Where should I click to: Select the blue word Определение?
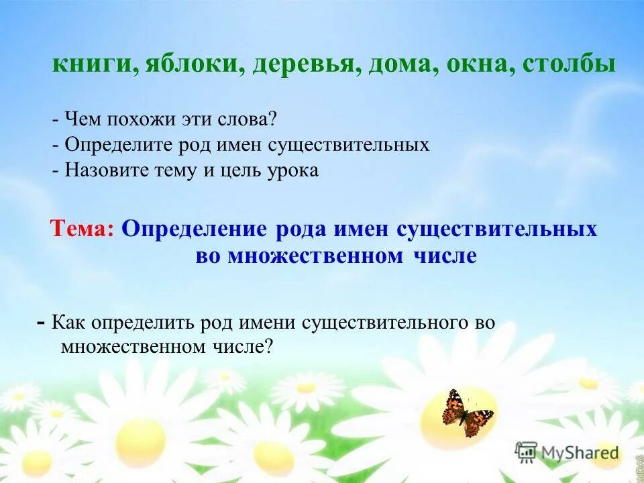coord(195,229)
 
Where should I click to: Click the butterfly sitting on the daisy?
coord(467,413)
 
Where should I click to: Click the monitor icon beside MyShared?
coord(527,451)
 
